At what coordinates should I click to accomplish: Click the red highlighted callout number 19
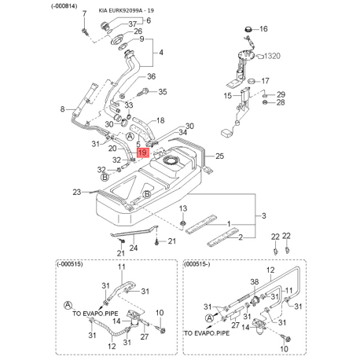tap(143, 152)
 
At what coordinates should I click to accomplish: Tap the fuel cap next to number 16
tap(248, 28)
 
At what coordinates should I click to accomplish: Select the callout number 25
tap(219, 156)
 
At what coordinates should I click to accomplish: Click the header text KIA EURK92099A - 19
tap(127, 11)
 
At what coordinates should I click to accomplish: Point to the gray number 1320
tap(272, 56)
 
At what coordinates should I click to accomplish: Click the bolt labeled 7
tap(85, 31)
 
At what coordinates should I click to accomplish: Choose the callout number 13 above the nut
tap(183, 208)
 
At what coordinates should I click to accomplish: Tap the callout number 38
tap(255, 281)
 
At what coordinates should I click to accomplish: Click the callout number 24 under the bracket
tap(134, 248)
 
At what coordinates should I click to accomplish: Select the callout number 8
tap(62, 108)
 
